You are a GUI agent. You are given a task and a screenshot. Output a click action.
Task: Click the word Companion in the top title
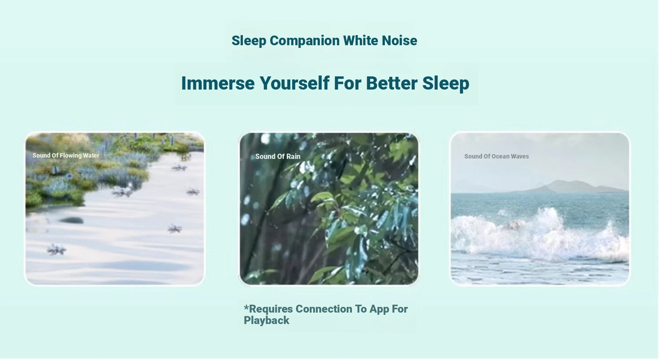tap(304, 41)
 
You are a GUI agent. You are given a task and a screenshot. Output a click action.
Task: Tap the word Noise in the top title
tap(399, 40)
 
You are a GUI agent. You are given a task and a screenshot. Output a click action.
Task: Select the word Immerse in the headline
tap(218, 83)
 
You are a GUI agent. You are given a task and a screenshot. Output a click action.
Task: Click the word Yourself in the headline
tap(294, 83)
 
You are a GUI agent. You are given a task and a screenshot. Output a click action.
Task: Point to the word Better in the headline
tap(391, 83)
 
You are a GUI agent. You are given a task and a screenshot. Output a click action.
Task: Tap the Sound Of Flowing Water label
tap(66, 155)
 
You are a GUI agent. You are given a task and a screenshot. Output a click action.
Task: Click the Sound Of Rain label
tap(278, 157)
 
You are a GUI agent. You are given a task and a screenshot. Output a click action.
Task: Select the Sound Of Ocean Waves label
tap(496, 156)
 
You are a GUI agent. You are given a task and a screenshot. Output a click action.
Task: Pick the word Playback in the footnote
tap(267, 320)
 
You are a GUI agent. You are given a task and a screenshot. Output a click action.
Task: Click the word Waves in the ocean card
tap(520, 156)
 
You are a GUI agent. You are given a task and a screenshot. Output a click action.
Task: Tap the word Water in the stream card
tap(91, 155)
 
